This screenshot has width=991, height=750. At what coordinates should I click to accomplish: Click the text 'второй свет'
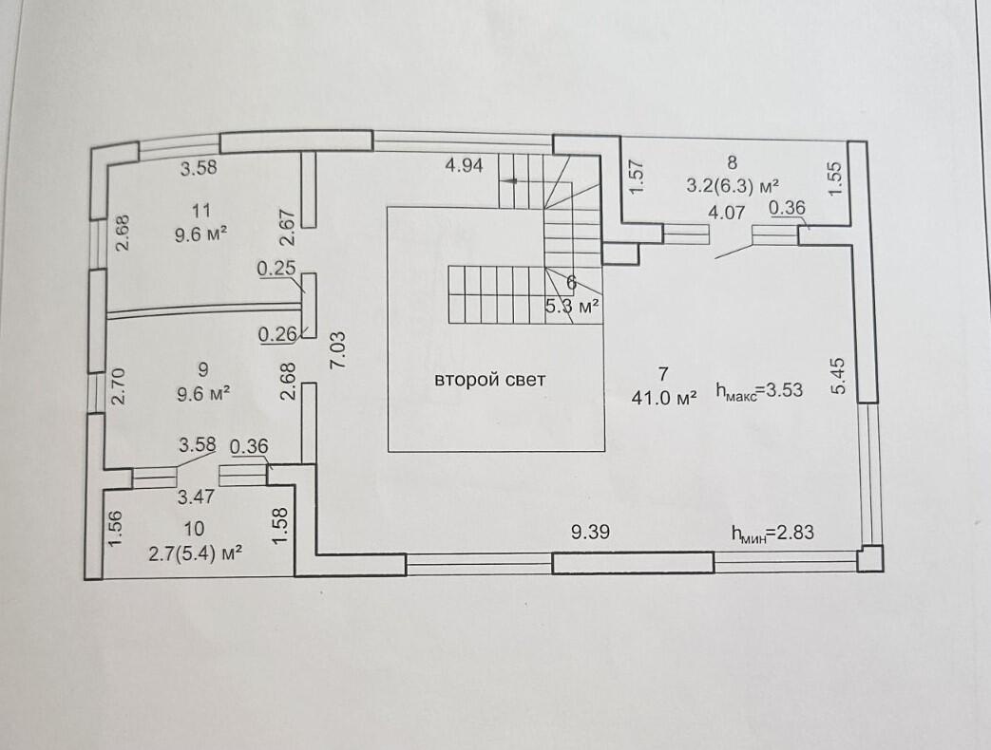(x=490, y=380)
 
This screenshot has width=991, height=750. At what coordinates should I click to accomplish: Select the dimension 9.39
(x=590, y=533)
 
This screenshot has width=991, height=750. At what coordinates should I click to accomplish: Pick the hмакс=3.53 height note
(x=760, y=390)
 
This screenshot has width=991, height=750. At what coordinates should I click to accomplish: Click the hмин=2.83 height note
(x=772, y=534)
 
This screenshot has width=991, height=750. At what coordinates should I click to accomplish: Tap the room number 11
(x=200, y=210)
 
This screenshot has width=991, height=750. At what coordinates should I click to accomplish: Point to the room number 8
(x=733, y=162)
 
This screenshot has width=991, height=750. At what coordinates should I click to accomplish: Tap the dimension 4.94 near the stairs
(x=465, y=165)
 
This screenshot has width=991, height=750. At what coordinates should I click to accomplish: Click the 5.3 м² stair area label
(x=571, y=307)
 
